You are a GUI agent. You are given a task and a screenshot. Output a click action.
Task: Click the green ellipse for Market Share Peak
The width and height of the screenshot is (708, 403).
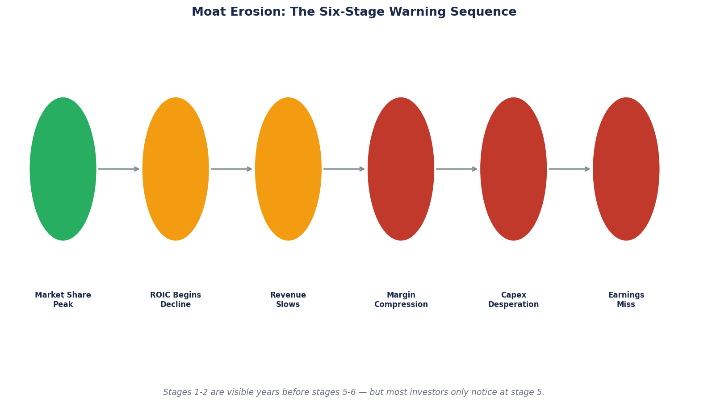(x=63, y=169)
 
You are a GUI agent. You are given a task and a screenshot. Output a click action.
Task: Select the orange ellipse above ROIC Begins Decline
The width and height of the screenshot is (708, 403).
(x=176, y=169)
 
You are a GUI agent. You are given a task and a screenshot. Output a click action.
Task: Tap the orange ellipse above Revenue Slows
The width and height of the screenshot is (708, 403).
(x=288, y=169)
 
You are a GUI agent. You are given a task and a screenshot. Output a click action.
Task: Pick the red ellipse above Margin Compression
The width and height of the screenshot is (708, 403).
(x=401, y=169)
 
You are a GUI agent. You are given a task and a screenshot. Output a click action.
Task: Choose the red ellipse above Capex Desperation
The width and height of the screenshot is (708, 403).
(x=513, y=169)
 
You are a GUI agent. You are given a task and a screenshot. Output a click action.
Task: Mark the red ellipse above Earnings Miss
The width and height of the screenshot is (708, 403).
(x=626, y=169)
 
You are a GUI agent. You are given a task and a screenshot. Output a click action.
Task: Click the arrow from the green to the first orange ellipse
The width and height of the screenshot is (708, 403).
(x=119, y=169)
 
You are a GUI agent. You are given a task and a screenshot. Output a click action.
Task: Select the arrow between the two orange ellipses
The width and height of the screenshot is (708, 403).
(x=231, y=169)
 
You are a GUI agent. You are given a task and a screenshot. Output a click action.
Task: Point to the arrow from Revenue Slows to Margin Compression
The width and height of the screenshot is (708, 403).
(x=344, y=169)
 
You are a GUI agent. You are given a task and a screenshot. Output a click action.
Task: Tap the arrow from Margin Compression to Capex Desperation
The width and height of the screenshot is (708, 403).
(x=457, y=169)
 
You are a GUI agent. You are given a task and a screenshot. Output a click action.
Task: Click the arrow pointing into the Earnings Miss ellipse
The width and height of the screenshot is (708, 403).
(x=569, y=169)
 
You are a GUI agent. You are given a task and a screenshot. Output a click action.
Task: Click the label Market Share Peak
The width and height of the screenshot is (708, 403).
(x=63, y=300)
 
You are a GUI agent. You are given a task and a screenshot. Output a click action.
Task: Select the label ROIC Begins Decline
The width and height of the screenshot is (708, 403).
(x=176, y=300)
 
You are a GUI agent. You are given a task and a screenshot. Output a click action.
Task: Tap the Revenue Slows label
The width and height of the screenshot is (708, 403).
(x=288, y=300)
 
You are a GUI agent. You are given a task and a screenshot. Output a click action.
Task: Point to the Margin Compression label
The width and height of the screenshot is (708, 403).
(x=401, y=300)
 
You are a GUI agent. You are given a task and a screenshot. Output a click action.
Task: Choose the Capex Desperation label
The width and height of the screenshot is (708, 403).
(x=513, y=300)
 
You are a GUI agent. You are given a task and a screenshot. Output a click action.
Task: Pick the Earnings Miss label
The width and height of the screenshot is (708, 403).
(x=626, y=300)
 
